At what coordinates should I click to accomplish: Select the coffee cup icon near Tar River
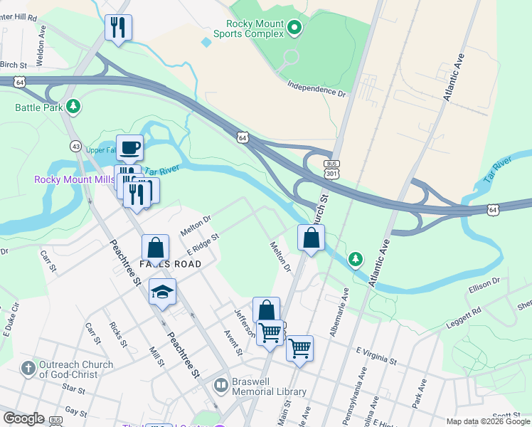pyautogui.click(x=129, y=148)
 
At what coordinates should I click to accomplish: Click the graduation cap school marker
pyautogui.click(x=162, y=292)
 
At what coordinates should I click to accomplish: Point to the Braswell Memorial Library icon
pyautogui.click(x=221, y=386)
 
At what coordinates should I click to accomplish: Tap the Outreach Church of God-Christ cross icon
pyautogui.click(x=28, y=369)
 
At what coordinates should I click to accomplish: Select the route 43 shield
pyautogui.click(x=76, y=146)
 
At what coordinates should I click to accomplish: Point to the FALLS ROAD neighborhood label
pyautogui.click(x=170, y=264)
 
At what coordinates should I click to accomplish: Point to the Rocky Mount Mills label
pyautogui.click(x=74, y=179)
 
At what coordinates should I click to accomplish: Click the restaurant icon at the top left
pyautogui.click(x=117, y=28)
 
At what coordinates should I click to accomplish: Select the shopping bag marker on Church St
pyautogui.click(x=311, y=238)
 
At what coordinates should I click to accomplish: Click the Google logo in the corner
pyautogui.click(x=23, y=418)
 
